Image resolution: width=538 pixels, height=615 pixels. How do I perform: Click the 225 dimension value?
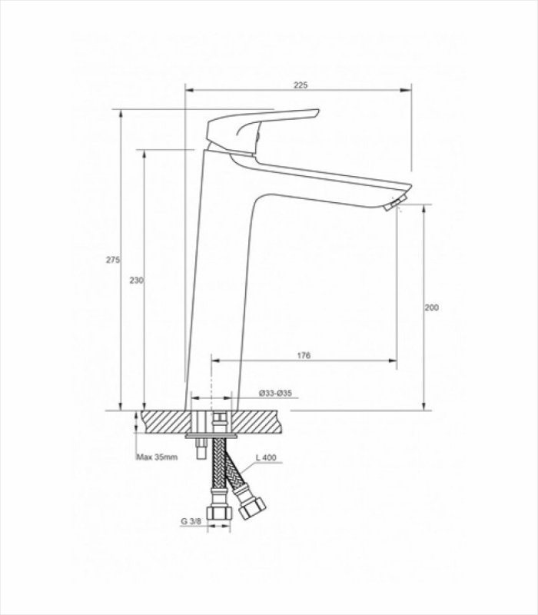pos(301,85)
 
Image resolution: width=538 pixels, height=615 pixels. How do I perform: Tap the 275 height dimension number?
pos(113,260)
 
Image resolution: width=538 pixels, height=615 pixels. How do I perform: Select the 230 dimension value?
pos(137,281)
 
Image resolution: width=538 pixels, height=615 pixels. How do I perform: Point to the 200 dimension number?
pos(432,307)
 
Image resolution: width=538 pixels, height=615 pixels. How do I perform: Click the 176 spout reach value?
pos(304,355)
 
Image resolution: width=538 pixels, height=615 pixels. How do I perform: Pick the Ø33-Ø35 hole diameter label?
pos(275,393)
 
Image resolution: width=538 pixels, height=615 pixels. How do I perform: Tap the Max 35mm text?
pos(157,457)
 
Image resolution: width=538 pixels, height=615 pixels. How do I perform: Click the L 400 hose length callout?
pos(266,457)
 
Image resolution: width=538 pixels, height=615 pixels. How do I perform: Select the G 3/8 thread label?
pos(191,522)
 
